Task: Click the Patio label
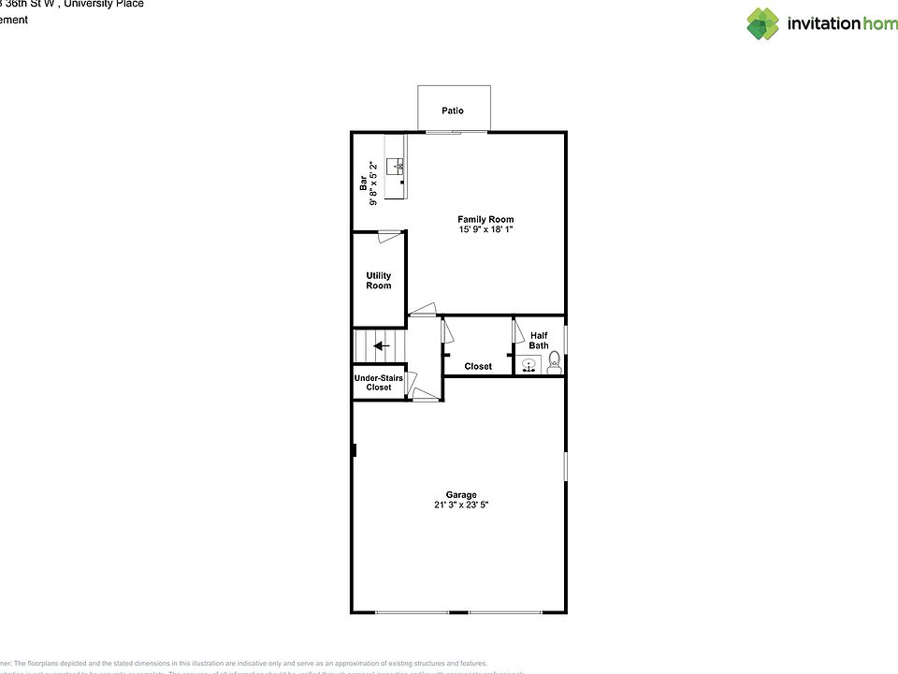453,111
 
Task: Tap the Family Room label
485,220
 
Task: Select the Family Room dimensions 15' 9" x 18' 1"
485,229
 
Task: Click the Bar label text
364,183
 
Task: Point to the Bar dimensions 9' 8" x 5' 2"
373,183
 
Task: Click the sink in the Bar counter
399,167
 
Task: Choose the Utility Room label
379,281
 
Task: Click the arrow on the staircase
381,345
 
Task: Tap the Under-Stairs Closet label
379,383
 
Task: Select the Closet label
478,366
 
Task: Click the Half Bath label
539,341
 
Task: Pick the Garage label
460,495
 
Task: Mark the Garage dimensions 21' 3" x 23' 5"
460,505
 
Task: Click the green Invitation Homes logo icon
762,23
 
